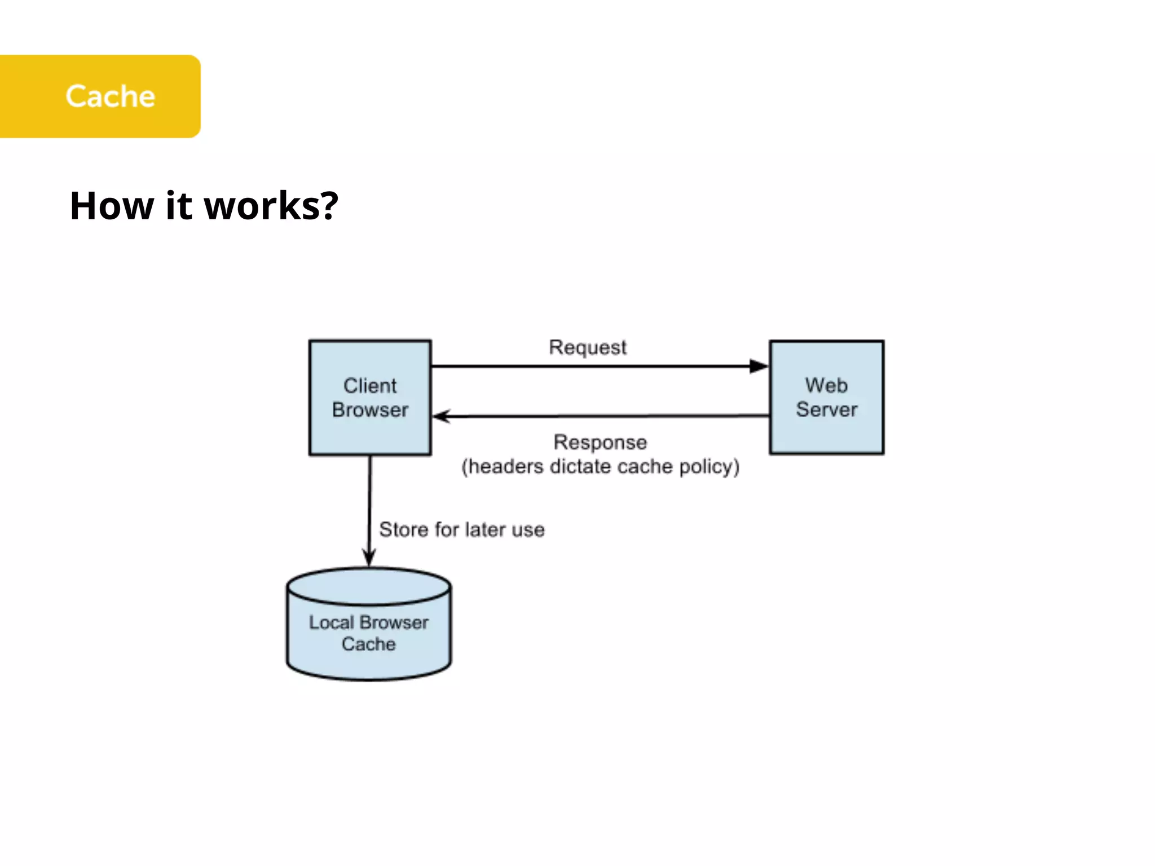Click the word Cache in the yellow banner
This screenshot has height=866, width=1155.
click(110, 96)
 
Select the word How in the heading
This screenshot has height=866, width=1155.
click(111, 206)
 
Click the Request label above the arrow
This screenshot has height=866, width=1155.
click(587, 347)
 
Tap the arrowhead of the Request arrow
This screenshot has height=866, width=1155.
click(759, 366)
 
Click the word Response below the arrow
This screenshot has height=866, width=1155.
click(600, 442)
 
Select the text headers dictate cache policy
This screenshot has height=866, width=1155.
click(600, 467)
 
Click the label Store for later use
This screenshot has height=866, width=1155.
click(461, 529)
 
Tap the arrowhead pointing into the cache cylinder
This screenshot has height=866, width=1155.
click(369, 558)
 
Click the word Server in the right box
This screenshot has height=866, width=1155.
click(826, 409)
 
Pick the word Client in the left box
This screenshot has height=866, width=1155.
click(370, 386)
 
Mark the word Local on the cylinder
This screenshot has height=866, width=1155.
click(330, 622)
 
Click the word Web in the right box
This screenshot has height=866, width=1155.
click(826, 385)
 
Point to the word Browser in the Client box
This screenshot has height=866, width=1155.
click(370, 410)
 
